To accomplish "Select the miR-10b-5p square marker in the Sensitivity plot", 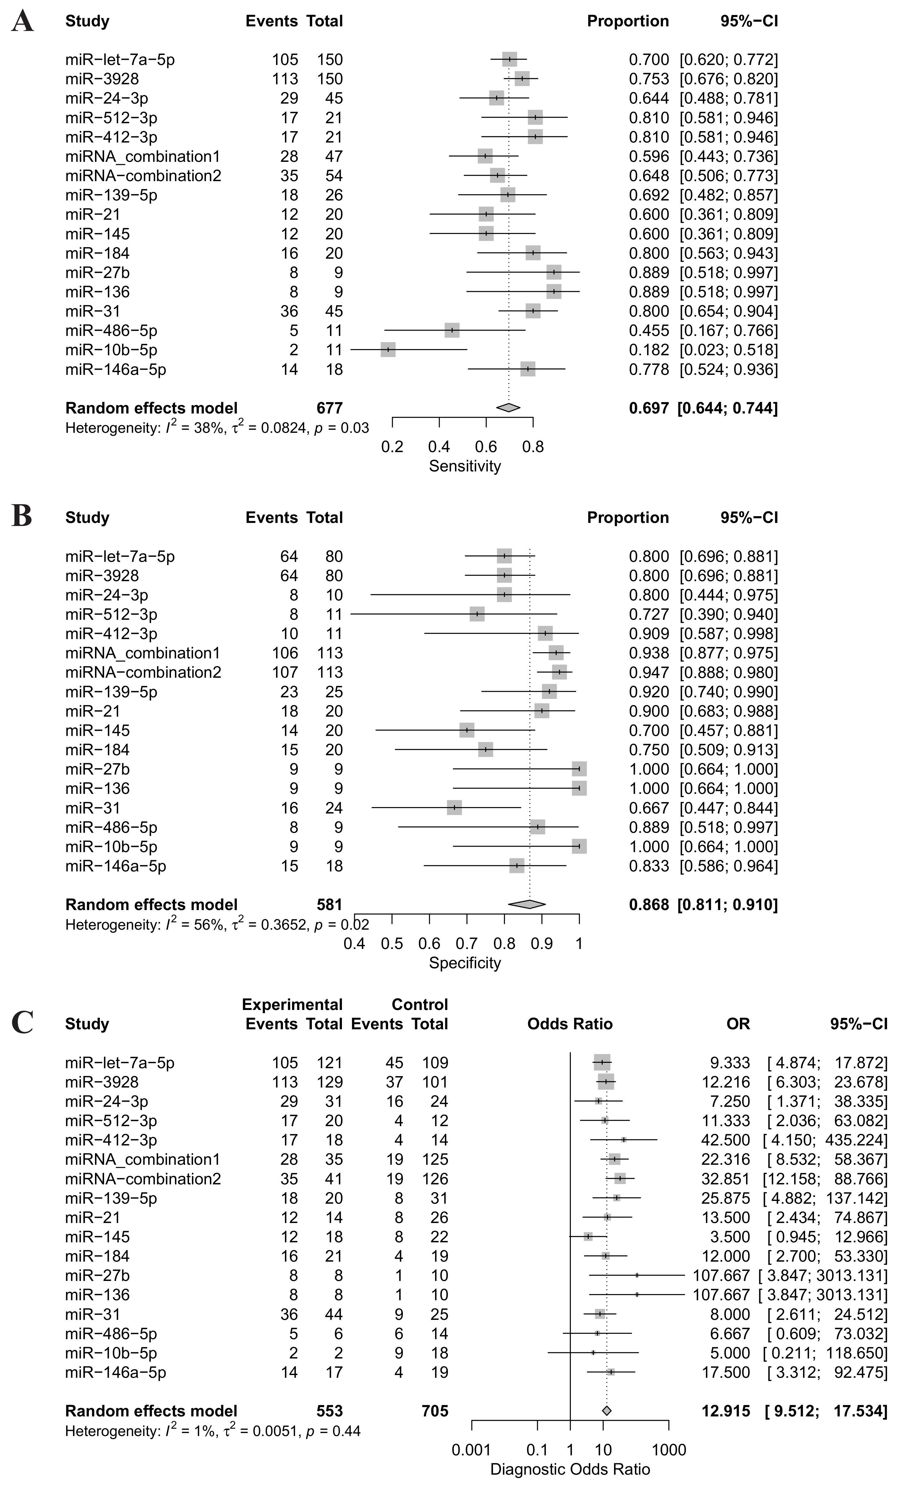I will click(388, 350).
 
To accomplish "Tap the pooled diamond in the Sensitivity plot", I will click(508, 408).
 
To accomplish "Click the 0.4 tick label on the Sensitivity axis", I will click(439, 447).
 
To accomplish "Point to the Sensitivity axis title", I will click(465, 466).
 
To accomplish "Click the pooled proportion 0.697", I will click(649, 408).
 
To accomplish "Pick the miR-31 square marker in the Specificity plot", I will click(454, 808).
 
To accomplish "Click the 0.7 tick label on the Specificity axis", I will click(467, 943).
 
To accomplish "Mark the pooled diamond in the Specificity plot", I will click(527, 905).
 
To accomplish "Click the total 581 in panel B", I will click(329, 905).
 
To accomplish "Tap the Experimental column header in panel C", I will click(292, 1005).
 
